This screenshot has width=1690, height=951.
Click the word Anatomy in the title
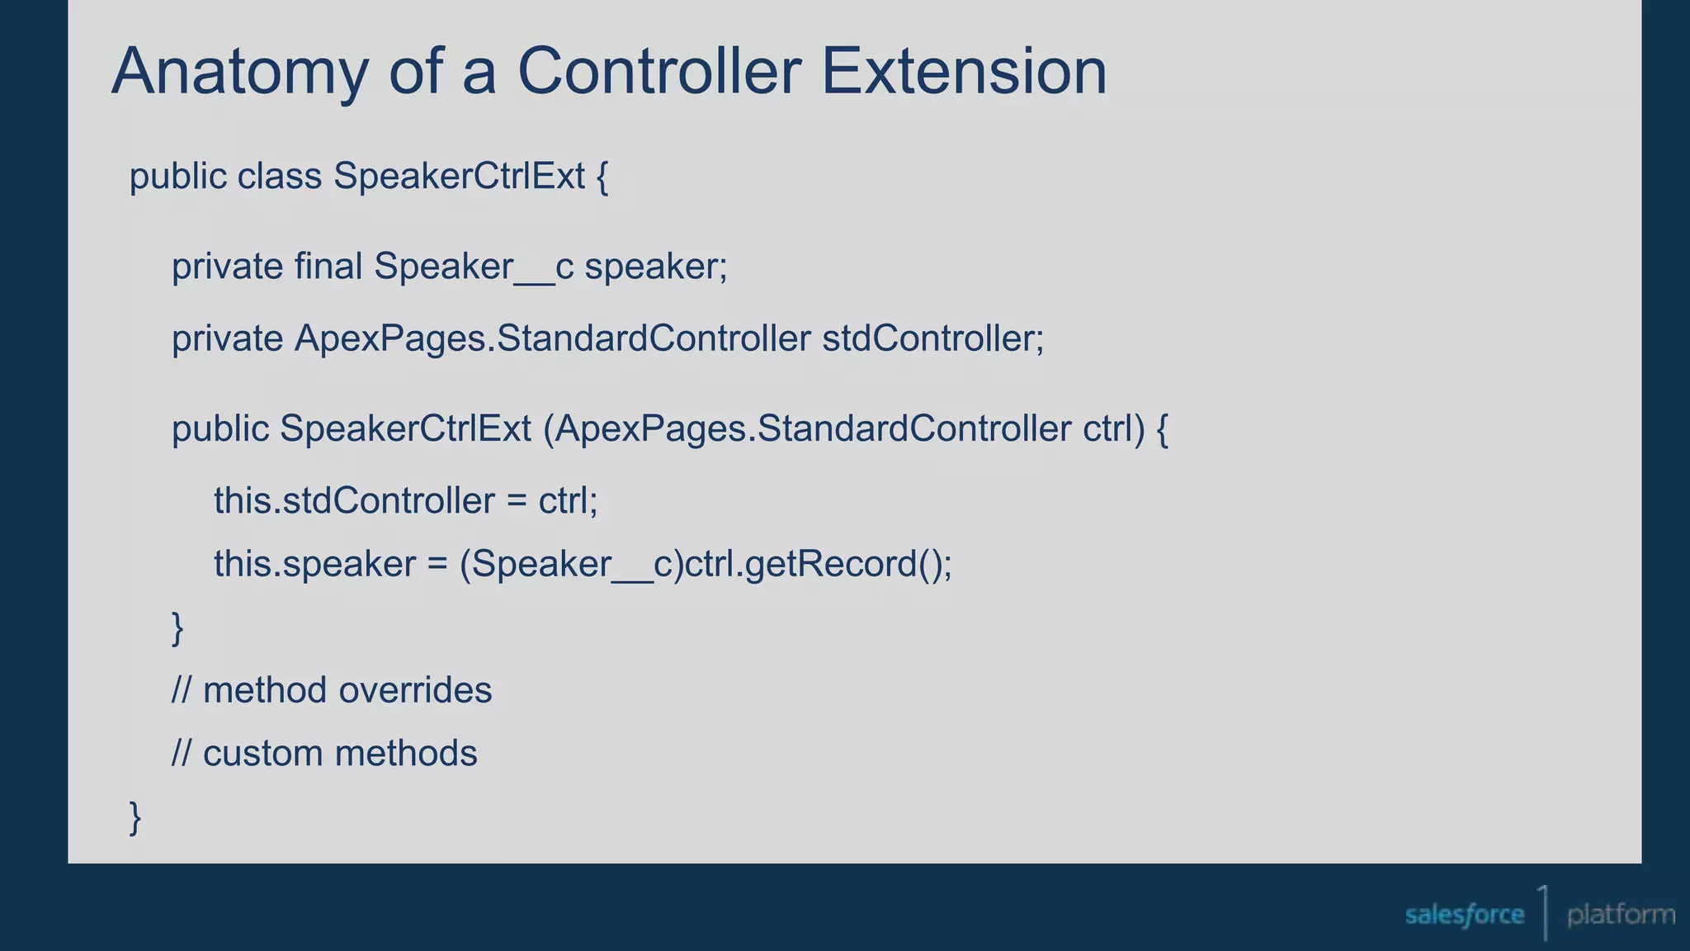pos(239,73)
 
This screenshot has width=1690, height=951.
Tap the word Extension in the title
pos(963,71)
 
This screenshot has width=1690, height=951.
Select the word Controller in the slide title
pos(659,71)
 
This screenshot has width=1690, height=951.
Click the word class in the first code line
pos(279,177)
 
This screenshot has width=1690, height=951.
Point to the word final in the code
pos(328,267)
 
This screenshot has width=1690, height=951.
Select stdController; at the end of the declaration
pos(932,339)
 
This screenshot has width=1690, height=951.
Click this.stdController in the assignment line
pos(354,501)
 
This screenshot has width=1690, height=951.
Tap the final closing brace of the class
pos(135,817)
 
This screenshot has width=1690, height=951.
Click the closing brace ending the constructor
pos(177,628)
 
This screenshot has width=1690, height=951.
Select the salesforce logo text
pos(1464,915)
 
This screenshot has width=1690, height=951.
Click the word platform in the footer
pos(1621,915)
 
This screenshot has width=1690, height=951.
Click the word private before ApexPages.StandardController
pos(227,339)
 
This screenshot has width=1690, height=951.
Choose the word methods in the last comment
pos(405,754)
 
